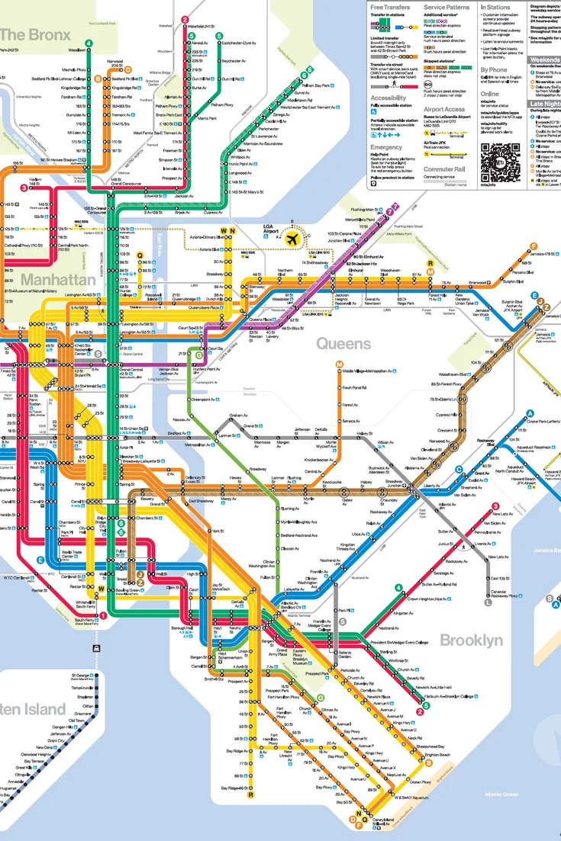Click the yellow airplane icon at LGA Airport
pyautogui.click(x=291, y=238)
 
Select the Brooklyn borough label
pyautogui.click(x=472, y=640)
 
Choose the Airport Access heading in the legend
pyautogui.click(x=444, y=109)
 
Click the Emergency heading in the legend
pyautogui.click(x=386, y=147)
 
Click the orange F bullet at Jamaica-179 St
pyautogui.click(x=534, y=246)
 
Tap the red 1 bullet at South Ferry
pyautogui.click(x=103, y=615)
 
